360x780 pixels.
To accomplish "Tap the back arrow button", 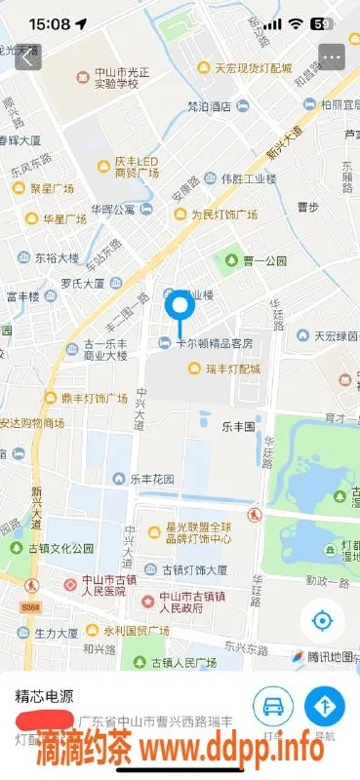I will pyautogui.click(x=26, y=57).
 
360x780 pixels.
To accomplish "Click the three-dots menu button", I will pyautogui.click(x=332, y=57).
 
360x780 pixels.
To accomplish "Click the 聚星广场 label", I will pyautogui.click(x=54, y=187).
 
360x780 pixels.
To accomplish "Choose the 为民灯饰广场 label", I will pyautogui.click(x=223, y=214).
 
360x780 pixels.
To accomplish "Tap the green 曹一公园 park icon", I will pyautogui.click(x=231, y=260).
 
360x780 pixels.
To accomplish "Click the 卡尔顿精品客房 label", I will pyautogui.click(x=213, y=343).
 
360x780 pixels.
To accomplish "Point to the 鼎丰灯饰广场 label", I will pyautogui.click(x=93, y=398).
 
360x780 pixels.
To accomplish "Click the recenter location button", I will pyautogui.click(x=321, y=620).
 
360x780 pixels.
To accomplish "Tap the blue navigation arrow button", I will pyautogui.click(x=325, y=706).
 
